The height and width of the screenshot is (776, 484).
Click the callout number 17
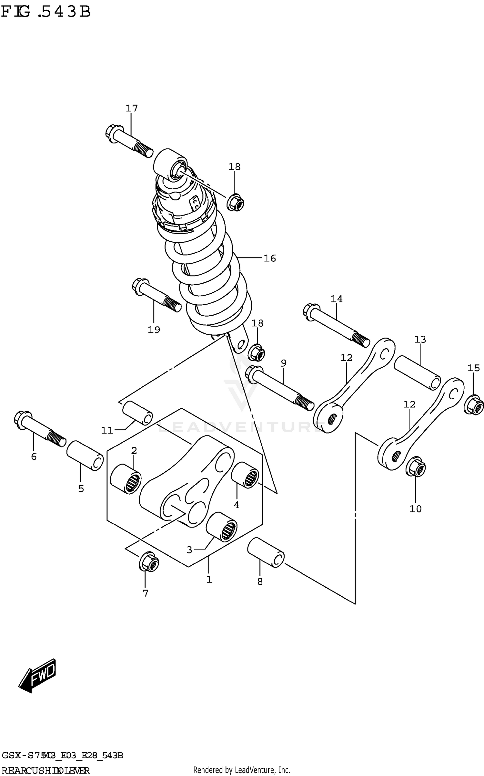tap(132, 108)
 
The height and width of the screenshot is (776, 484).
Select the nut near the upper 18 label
tap(235, 202)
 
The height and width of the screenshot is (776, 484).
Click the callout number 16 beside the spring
tap(270, 258)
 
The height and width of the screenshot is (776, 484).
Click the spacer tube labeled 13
tap(417, 372)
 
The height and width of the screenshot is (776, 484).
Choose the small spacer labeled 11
tap(137, 413)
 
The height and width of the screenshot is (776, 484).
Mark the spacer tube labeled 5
tap(85, 455)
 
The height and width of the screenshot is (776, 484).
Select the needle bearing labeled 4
tap(245, 475)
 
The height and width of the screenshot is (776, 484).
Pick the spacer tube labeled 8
tap(266, 552)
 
